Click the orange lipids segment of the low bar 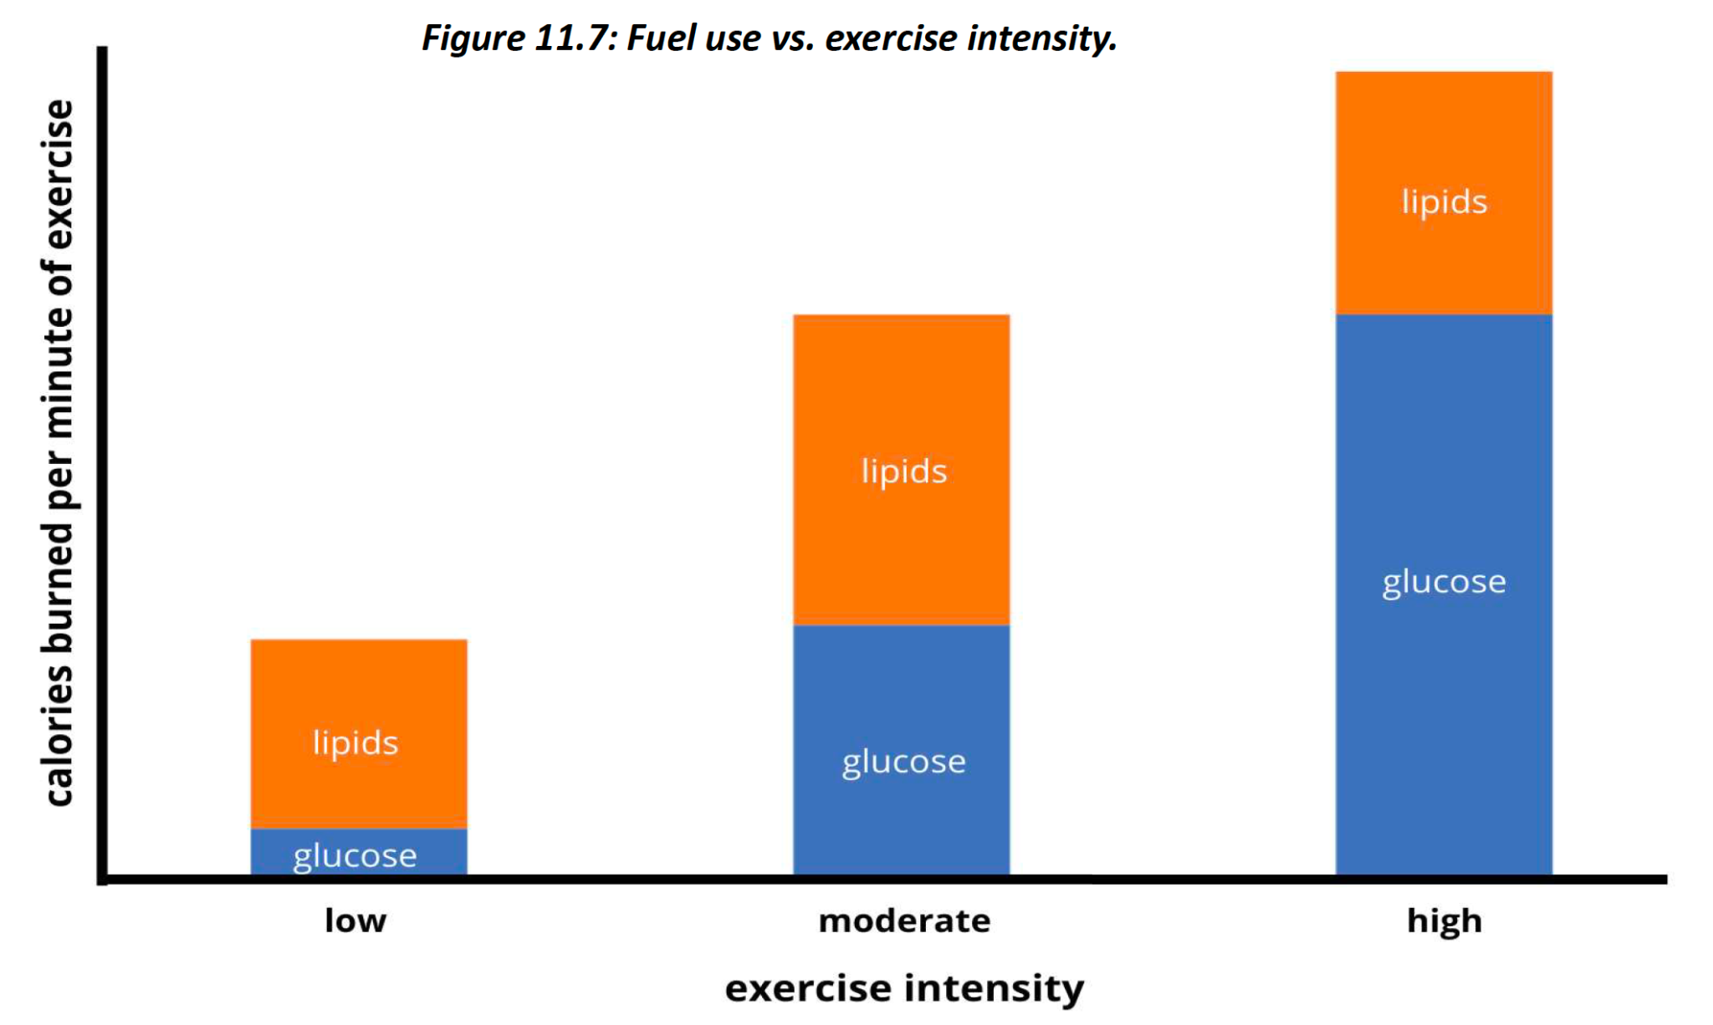(x=359, y=694)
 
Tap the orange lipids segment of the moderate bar (x=901, y=393)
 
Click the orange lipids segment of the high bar (x=1444, y=134)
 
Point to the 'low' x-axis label (x=355, y=920)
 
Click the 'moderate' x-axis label (x=904, y=920)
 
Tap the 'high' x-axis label (x=1444, y=921)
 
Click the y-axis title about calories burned (x=59, y=451)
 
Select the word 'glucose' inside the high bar (x=1444, y=582)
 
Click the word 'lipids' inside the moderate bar (x=904, y=472)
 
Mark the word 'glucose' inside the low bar (x=355, y=856)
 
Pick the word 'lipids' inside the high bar (x=1445, y=202)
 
